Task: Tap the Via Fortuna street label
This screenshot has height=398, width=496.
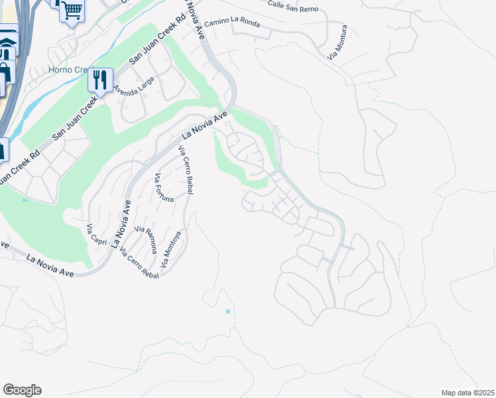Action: (x=164, y=189)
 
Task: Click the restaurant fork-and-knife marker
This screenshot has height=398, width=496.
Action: (x=100, y=80)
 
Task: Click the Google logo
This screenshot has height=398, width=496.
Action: (x=22, y=390)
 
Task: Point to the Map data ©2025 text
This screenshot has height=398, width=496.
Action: (x=467, y=393)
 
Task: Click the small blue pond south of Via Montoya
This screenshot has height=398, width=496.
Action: (x=227, y=311)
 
